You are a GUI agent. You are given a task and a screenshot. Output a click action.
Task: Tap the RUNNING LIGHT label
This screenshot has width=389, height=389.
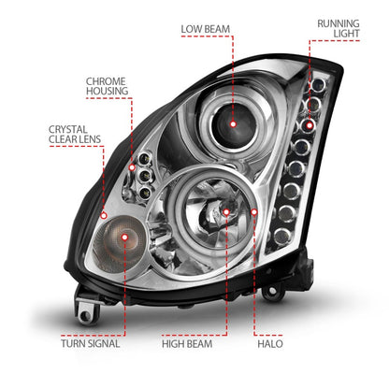point(338,27)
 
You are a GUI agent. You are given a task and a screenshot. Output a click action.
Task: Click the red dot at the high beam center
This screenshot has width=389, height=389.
point(225,213)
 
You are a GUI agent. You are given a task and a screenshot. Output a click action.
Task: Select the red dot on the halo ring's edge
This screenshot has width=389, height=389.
point(253,213)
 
